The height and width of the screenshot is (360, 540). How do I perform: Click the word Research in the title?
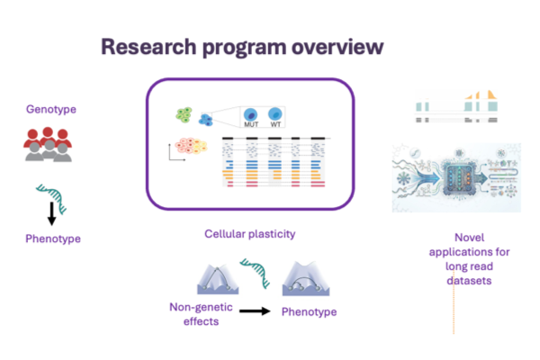click(148, 47)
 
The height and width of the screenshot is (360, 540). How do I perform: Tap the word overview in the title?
click(337, 47)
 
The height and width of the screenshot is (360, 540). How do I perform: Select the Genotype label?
click(51, 110)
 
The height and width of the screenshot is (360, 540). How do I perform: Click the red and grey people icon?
click(48, 144)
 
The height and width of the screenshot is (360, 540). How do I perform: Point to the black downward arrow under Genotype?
click(51, 213)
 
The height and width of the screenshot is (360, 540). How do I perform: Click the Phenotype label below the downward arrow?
click(53, 238)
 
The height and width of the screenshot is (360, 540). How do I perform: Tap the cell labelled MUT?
click(251, 115)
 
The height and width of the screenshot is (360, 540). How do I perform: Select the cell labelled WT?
click(275, 114)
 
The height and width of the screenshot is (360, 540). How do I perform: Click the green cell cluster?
click(184, 114)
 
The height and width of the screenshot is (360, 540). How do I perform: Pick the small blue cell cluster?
click(205, 120)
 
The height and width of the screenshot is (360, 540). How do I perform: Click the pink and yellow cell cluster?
click(192, 146)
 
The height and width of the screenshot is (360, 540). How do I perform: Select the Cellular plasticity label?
click(250, 234)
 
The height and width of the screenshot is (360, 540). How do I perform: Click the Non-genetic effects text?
click(201, 314)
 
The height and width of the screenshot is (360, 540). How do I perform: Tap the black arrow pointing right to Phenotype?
click(255, 311)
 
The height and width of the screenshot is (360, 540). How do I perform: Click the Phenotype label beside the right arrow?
click(310, 311)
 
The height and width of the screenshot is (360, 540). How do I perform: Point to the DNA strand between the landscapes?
click(256, 273)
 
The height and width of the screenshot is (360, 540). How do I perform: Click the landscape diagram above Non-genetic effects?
click(218, 279)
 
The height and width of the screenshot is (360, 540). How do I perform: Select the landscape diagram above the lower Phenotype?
click(306, 279)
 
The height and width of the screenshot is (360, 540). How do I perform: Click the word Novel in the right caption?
click(470, 238)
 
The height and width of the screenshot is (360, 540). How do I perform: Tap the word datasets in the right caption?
click(469, 281)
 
